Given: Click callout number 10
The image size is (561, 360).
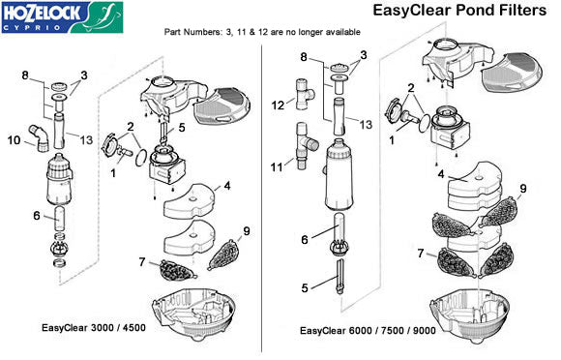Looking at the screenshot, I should pyautogui.click(x=15, y=141).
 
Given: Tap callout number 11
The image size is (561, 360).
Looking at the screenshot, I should pyautogui.click(x=278, y=167).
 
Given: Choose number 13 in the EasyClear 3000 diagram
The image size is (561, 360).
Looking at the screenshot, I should pyautogui.click(x=88, y=139).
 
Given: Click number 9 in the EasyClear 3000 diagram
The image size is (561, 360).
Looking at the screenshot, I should pyautogui.click(x=247, y=231).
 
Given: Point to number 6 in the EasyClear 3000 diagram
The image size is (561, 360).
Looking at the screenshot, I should pyautogui.click(x=36, y=215).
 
